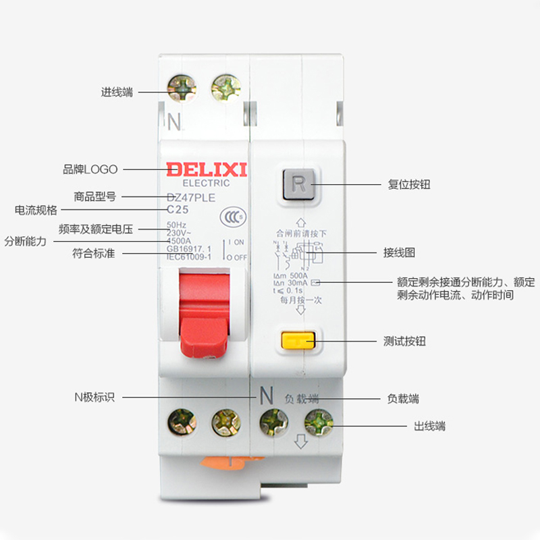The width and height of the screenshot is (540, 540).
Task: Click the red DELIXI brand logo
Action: pyautogui.click(x=207, y=169)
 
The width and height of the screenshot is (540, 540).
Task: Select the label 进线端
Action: pyautogui.click(x=117, y=92)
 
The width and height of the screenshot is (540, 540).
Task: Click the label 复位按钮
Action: pyautogui.click(x=409, y=184)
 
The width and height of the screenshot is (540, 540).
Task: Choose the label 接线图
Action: pyautogui.click(x=399, y=252)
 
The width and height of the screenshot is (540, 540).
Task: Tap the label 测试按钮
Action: pyautogui.click(x=404, y=342)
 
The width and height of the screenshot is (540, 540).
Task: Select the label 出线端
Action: pyautogui.click(x=429, y=426)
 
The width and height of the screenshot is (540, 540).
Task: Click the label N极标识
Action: pyautogui.click(x=94, y=397)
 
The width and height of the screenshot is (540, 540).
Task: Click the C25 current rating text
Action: pyautogui.click(x=178, y=210)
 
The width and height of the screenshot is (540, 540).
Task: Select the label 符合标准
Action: pyautogui.click(x=93, y=254)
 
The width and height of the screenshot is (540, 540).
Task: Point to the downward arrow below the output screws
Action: pyautogui.click(x=301, y=443)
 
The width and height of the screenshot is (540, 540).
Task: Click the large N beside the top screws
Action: pyautogui.click(x=174, y=122)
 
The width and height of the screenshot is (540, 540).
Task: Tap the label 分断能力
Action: pyautogui.click(x=25, y=241)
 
